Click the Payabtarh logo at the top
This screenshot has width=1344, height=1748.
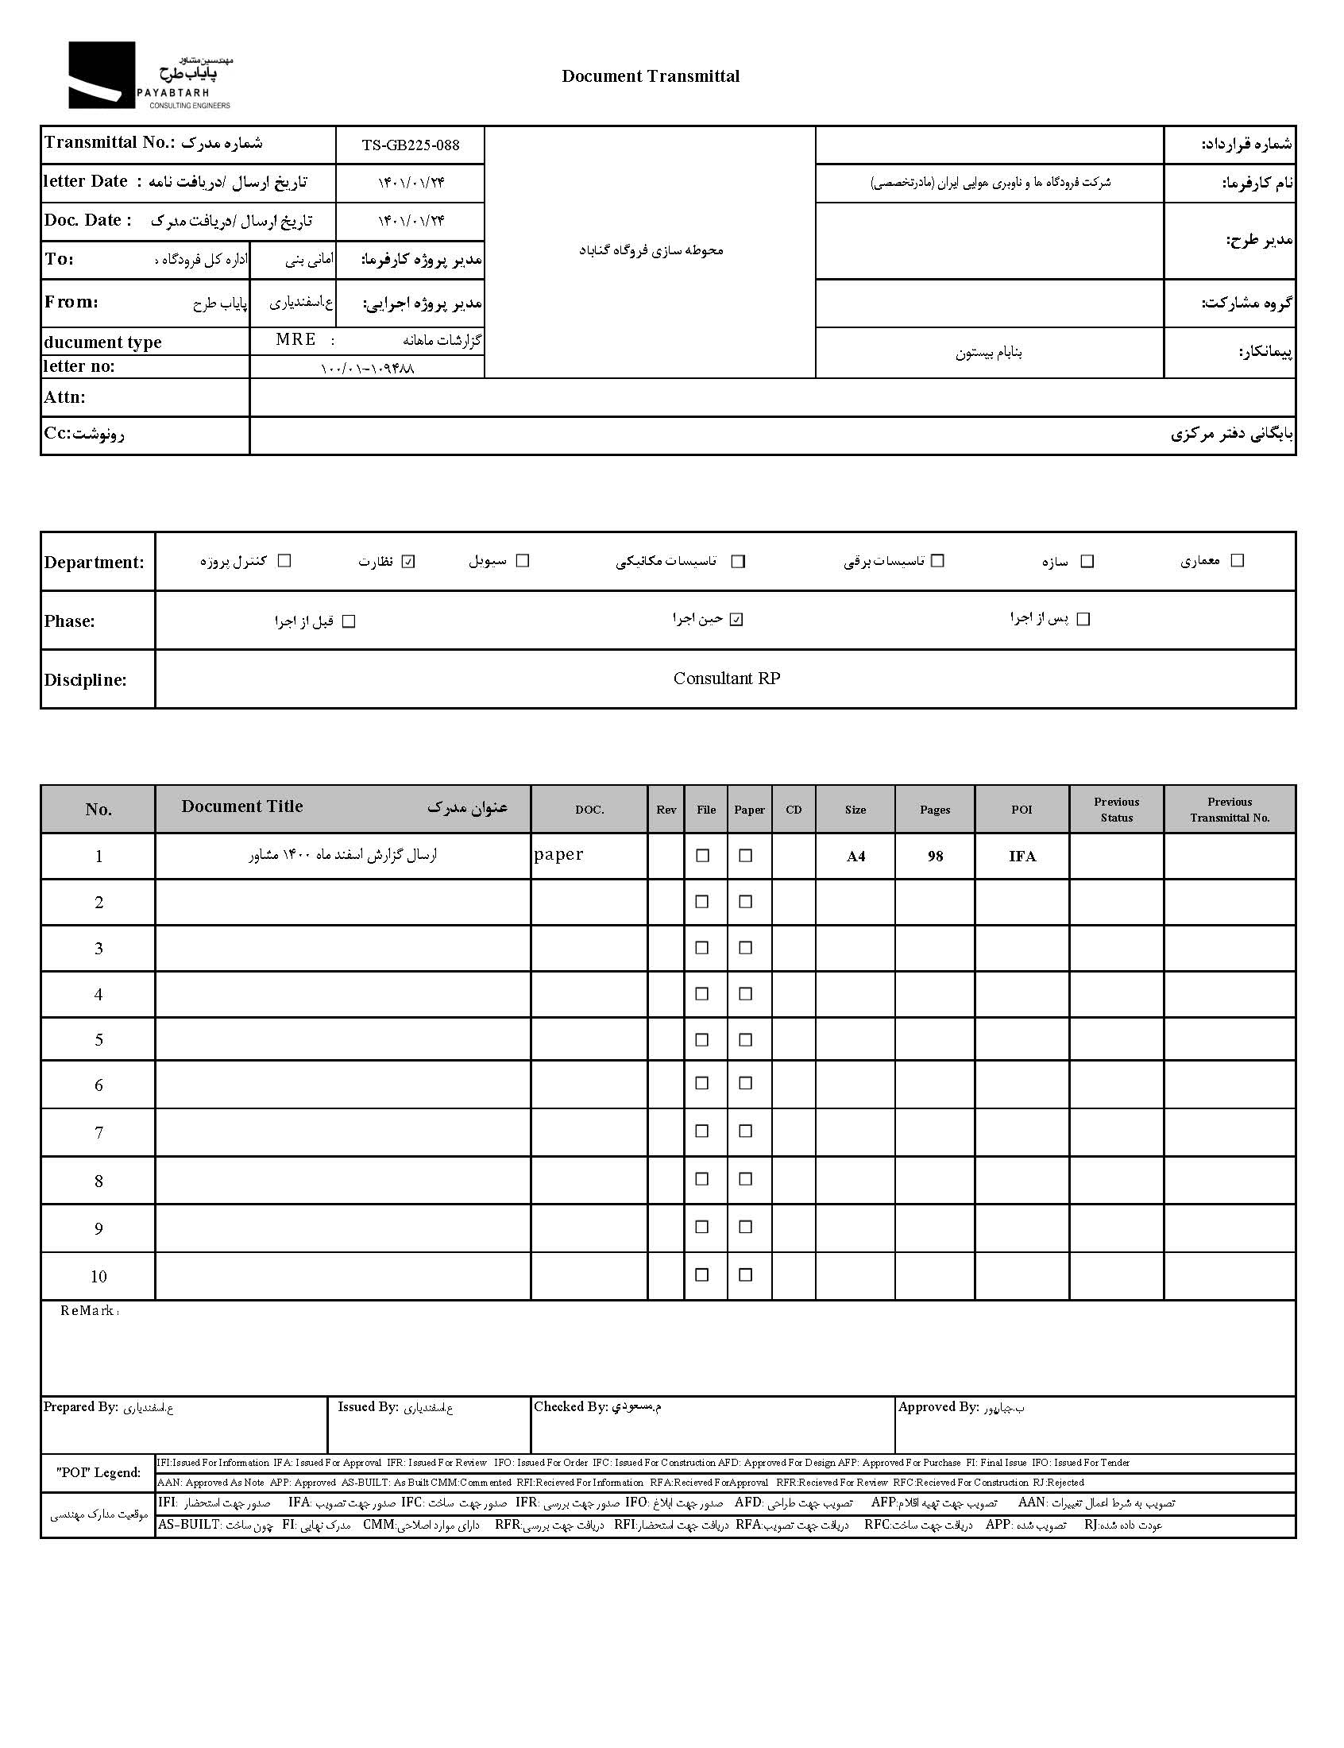tap(149, 76)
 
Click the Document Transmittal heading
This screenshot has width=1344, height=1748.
tap(651, 76)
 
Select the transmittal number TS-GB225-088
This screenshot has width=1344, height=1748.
tap(411, 145)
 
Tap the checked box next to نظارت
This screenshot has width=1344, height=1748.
tap(409, 562)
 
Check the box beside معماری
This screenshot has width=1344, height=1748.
tap(1237, 561)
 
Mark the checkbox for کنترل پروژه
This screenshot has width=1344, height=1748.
tap(284, 561)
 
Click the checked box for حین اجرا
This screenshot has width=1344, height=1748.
tap(737, 619)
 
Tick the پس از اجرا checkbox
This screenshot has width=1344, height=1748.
tap(1083, 619)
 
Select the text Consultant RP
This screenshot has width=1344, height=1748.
tap(726, 679)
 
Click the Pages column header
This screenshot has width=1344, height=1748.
tap(934, 810)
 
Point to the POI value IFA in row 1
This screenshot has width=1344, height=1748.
tap(1022, 856)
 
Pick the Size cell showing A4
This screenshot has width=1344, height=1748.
tap(855, 856)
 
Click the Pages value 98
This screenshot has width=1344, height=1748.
tap(934, 856)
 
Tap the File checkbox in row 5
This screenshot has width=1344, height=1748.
tap(702, 1039)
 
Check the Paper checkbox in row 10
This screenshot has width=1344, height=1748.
tap(746, 1275)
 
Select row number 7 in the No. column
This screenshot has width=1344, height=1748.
tap(98, 1132)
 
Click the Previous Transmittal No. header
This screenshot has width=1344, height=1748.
tap(1230, 810)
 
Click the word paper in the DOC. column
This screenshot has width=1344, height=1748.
tap(558, 854)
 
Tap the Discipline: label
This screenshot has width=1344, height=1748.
tap(86, 680)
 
